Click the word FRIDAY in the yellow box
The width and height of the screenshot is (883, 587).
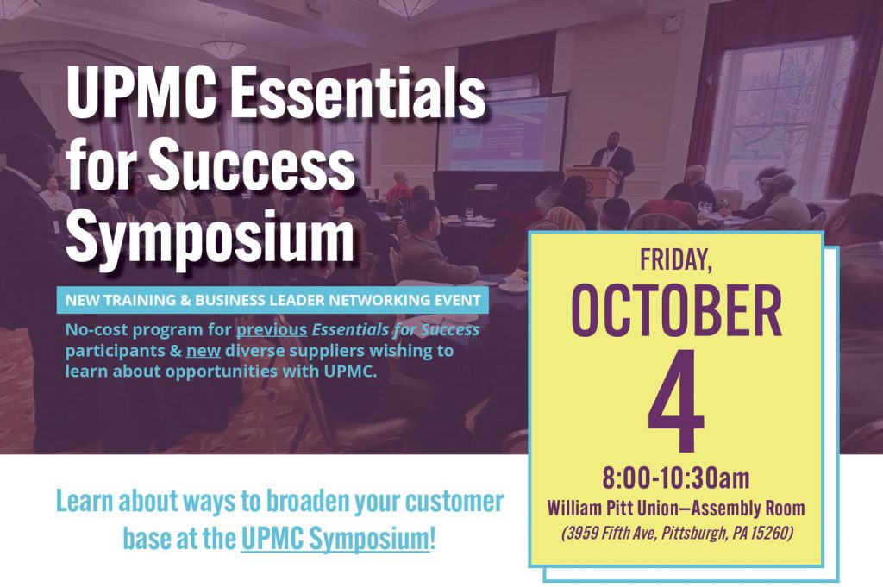click(676, 259)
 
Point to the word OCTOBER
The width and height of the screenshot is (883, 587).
click(676, 311)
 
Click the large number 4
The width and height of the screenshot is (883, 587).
click(676, 401)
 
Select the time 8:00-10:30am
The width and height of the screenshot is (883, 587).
click(676, 478)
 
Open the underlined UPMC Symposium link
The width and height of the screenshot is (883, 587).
click(335, 538)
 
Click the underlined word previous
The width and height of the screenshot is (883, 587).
click(271, 330)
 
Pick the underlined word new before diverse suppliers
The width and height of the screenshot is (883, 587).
click(203, 351)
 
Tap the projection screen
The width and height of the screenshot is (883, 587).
click(501, 134)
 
